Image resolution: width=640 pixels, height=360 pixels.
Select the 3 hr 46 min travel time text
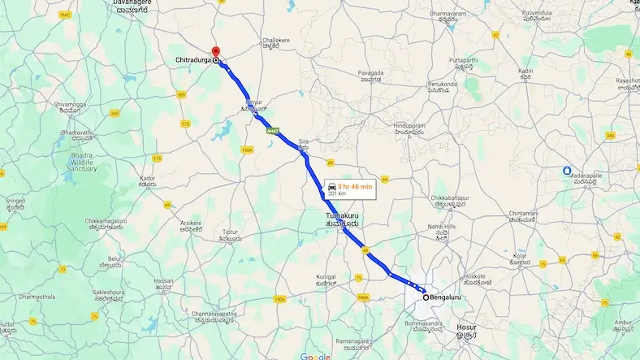point(356,187)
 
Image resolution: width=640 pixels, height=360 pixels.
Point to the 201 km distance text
point(336,195)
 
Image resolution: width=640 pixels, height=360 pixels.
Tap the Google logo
point(315,356)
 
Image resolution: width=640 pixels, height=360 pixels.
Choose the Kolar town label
point(519,257)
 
